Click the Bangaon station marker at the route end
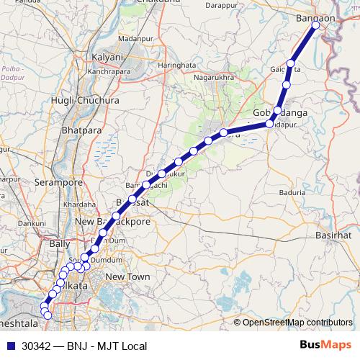click(x=315, y=26)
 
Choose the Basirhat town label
click(x=333, y=235)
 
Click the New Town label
click(x=127, y=277)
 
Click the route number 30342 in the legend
click(x=37, y=346)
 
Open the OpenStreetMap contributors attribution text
click(x=297, y=323)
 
